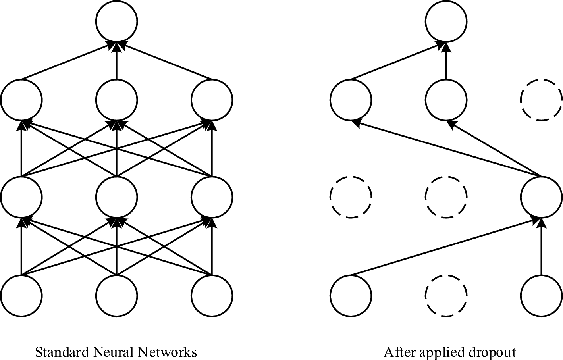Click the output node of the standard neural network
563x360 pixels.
tap(117, 21)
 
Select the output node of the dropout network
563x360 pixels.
tap(446, 21)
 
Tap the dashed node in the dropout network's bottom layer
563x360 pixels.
tap(446, 295)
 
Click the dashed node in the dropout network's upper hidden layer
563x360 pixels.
tap(541, 99)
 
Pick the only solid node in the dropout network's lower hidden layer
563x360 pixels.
tap(541, 197)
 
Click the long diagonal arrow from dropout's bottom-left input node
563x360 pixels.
tap(445, 246)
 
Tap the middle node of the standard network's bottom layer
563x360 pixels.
tap(117, 295)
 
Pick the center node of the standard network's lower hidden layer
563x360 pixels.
tap(117, 197)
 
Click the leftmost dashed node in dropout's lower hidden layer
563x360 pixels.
tap(351, 197)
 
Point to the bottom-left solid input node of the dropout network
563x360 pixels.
tap(351, 295)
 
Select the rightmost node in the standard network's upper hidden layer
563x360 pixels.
tap(212, 99)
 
